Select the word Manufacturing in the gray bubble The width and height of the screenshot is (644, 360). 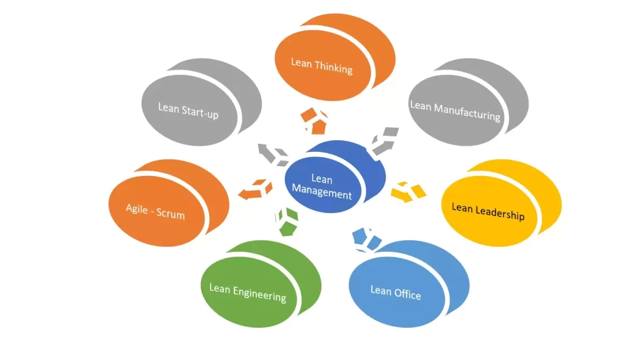tap(467, 112)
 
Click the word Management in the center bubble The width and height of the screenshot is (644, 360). tap(322, 193)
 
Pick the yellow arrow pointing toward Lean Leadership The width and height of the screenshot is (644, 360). tap(409, 190)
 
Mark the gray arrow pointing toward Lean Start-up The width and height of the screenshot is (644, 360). tap(272, 153)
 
